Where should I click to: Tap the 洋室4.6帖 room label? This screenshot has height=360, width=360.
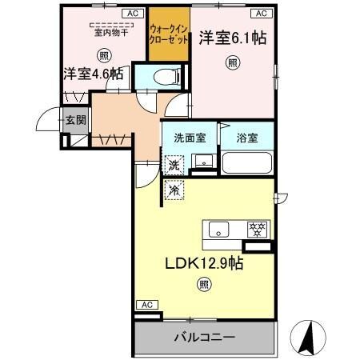(94, 74)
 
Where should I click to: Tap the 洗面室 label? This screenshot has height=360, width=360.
(189, 137)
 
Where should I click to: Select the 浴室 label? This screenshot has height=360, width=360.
(246, 137)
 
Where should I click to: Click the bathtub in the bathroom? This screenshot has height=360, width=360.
(247, 163)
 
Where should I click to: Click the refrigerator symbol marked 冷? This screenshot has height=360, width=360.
(174, 190)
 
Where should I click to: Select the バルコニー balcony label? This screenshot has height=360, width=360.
(205, 337)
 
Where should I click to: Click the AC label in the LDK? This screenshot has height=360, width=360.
(146, 304)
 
